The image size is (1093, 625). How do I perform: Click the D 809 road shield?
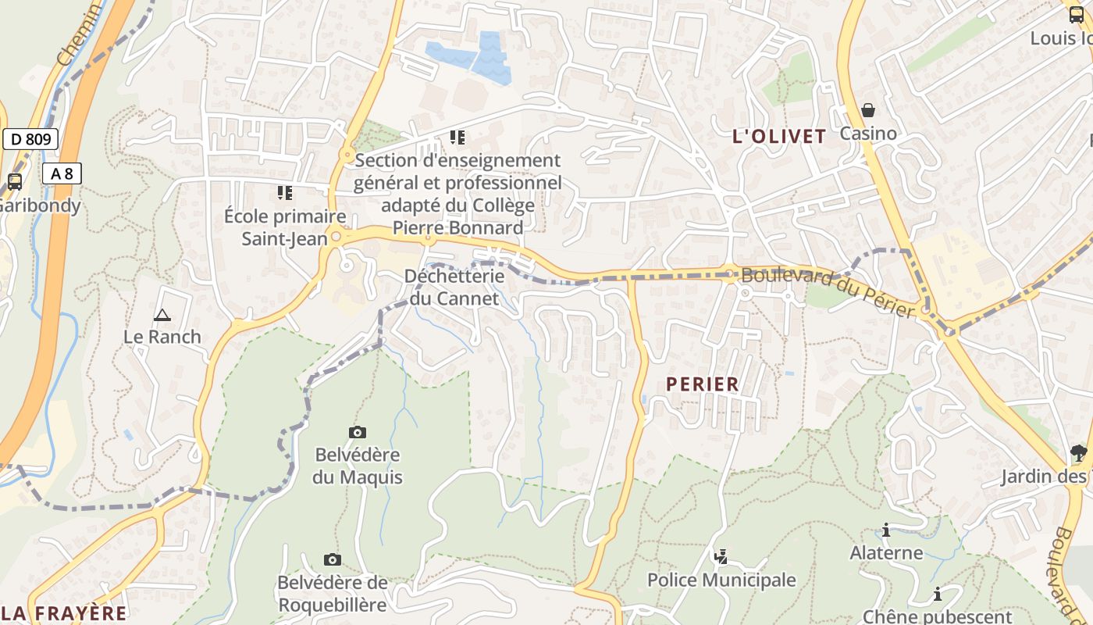point(31,140)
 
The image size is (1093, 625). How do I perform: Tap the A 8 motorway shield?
point(62,173)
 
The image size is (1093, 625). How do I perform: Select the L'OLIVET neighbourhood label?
point(778,136)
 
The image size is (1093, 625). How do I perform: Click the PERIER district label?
point(702,384)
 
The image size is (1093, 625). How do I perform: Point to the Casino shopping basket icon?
point(867,110)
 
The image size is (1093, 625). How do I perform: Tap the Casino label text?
point(867,134)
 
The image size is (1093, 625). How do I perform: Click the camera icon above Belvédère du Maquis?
point(357,432)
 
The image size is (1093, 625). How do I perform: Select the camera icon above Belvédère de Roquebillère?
point(332,559)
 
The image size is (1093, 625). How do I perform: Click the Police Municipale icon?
point(721,557)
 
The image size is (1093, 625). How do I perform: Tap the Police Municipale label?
point(721,580)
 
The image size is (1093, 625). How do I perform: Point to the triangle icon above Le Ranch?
point(162,315)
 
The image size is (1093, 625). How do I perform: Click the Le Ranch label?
point(162,337)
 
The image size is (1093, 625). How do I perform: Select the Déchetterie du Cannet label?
point(454,287)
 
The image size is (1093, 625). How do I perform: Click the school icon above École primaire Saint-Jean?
point(284,192)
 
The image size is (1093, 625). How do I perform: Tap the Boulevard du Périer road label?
point(828,291)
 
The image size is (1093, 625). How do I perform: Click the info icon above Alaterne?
point(885,530)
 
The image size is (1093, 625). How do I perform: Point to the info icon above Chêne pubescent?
point(937,594)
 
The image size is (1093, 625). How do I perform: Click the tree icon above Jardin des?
point(1078,452)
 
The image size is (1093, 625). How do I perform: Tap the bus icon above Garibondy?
point(14,182)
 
